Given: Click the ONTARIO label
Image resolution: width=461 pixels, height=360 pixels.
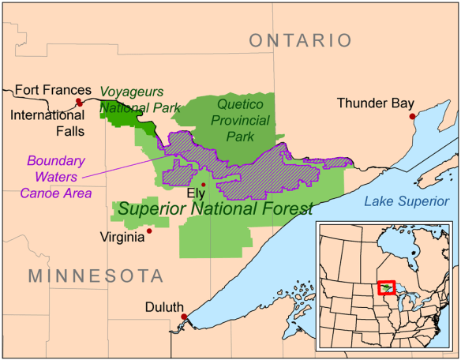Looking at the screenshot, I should (x=300, y=40).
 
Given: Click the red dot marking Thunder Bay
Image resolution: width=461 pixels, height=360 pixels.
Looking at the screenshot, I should (x=411, y=116).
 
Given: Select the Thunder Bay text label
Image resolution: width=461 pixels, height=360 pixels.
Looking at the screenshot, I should (x=374, y=103).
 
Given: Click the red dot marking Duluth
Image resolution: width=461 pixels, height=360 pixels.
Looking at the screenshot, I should (x=184, y=317).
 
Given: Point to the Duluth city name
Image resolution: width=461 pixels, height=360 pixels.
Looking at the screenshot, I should (x=163, y=307).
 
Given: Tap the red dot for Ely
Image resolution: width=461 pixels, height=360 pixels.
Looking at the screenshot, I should (x=204, y=184).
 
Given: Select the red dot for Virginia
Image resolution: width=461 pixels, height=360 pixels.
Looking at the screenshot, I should (x=149, y=231).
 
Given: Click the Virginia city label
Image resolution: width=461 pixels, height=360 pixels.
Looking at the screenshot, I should (x=122, y=237).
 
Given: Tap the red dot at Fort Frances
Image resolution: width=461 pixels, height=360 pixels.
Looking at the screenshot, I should (x=79, y=103).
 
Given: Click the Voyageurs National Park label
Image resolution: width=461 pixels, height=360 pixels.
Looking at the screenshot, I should (x=141, y=99).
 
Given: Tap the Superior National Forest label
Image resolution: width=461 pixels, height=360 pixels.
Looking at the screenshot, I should (x=215, y=209).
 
